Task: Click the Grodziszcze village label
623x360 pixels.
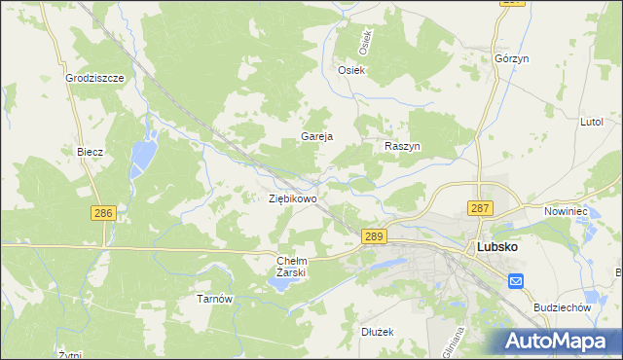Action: [94, 77]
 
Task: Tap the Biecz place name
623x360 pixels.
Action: [90, 152]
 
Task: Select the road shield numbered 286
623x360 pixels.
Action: [104, 212]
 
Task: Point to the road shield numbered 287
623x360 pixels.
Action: [480, 208]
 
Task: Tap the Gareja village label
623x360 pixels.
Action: [317, 136]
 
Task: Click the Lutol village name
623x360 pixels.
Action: [592, 122]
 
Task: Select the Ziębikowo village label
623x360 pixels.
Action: [293, 198]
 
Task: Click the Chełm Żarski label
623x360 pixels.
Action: [292, 267]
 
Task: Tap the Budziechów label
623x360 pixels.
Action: [563, 306]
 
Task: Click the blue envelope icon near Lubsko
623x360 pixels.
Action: [516, 281]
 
